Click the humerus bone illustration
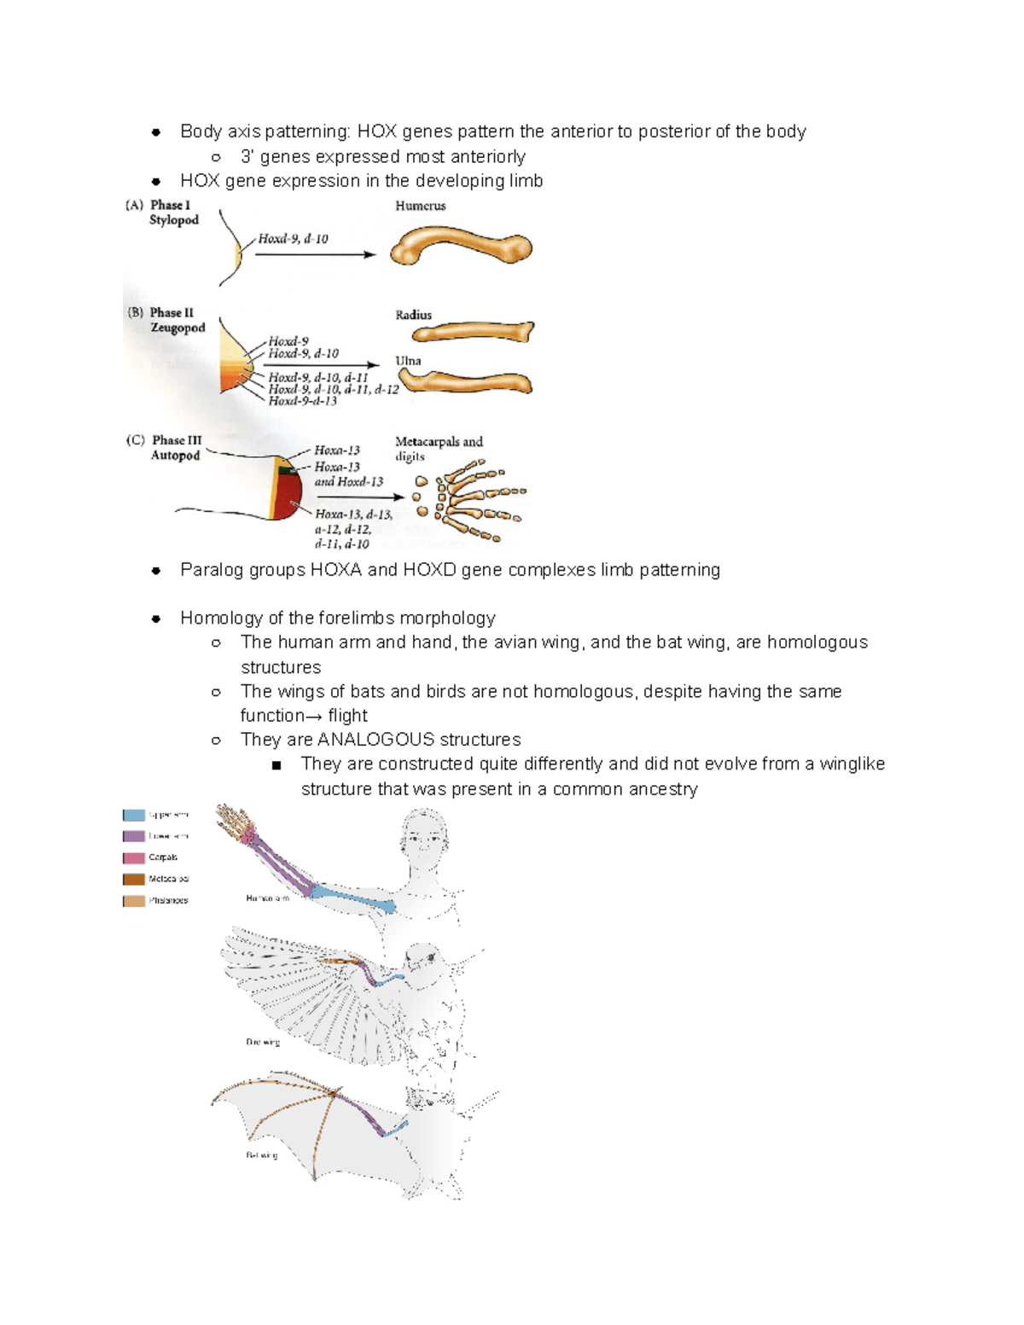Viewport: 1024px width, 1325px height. (461, 247)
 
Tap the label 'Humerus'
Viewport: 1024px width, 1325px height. (420, 206)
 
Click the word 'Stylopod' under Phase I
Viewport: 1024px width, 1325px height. (174, 220)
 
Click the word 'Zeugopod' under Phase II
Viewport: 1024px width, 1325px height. (177, 328)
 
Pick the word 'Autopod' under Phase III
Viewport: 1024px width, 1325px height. (175, 456)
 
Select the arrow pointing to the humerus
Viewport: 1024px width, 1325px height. (315, 254)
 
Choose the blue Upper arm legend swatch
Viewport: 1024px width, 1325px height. (134, 815)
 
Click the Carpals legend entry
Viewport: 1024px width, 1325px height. (162, 857)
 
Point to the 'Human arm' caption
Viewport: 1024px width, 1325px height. (267, 898)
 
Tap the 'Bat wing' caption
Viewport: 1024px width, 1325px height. (261, 1155)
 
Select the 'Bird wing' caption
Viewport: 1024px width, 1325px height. (262, 1042)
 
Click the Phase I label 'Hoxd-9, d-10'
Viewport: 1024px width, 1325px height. (293, 239)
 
